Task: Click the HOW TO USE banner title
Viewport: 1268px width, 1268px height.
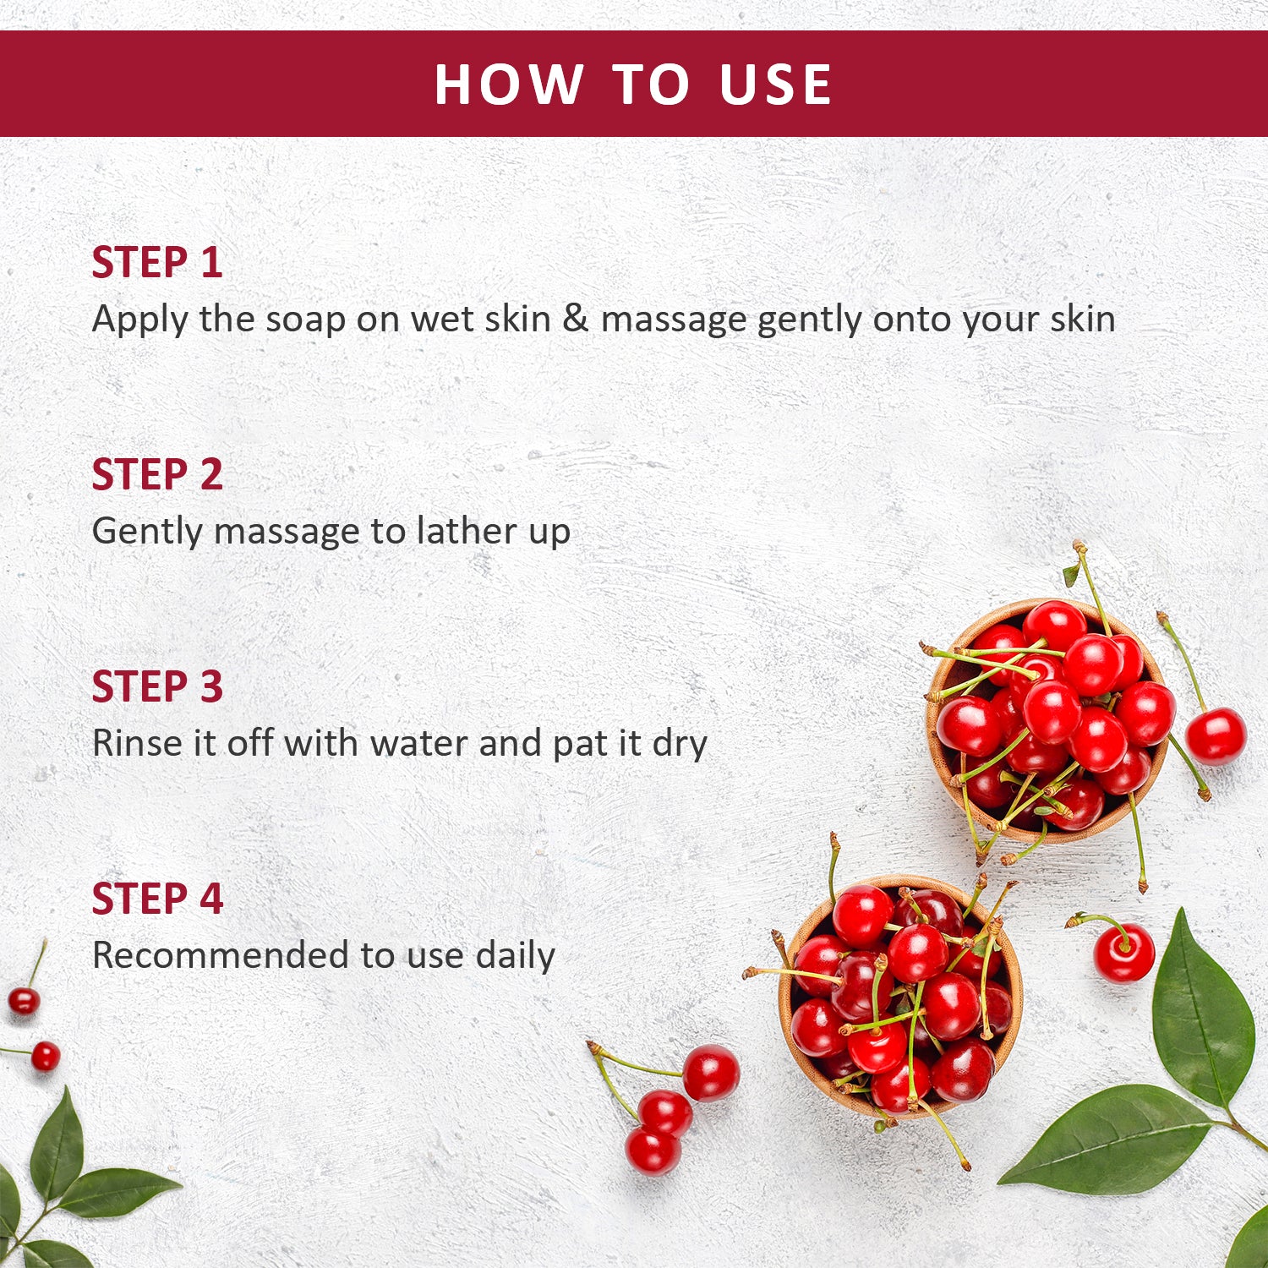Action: coord(633,85)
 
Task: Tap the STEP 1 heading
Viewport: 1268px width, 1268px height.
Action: coord(157,262)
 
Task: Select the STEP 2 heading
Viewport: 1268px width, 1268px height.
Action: coord(157,474)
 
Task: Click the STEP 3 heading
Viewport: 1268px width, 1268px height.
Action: coord(157,686)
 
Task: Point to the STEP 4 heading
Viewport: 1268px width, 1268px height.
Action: coord(157,899)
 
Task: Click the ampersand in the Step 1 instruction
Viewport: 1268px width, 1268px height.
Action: coord(576,319)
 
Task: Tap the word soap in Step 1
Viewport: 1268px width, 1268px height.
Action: coord(305,320)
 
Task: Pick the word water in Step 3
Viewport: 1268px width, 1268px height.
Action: coord(420,743)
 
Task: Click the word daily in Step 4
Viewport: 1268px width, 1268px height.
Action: coord(515,955)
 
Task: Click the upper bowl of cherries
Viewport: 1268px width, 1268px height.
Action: coord(1048,719)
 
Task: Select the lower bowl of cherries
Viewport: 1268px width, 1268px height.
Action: coord(900,997)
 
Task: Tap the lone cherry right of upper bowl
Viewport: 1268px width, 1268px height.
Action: coord(1216,735)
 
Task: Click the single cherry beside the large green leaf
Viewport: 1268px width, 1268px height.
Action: coord(1123,953)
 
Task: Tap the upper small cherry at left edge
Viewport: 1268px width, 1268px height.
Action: coord(24,1001)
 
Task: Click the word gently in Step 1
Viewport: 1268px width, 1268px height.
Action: coord(811,320)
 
